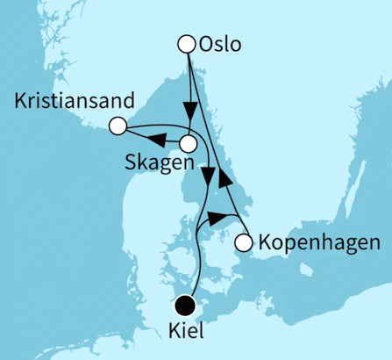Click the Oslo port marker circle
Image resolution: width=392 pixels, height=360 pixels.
click(x=186, y=43)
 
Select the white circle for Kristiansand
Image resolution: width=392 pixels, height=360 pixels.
click(x=117, y=126)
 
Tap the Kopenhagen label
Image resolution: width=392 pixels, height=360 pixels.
click(x=318, y=241)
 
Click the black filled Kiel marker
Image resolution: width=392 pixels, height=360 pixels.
click(x=184, y=306)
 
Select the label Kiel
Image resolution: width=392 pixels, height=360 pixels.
click(x=184, y=334)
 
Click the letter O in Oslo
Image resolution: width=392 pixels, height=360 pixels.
click(x=205, y=43)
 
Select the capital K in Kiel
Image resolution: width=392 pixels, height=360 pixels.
click(x=171, y=334)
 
